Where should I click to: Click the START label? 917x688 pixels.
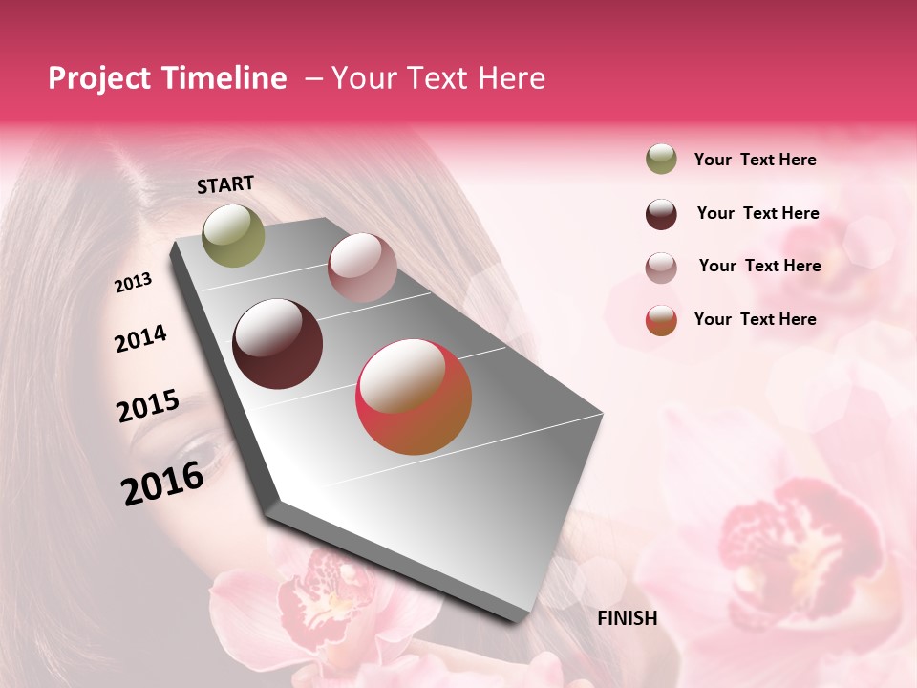(225, 184)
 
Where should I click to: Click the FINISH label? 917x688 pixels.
(628, 618)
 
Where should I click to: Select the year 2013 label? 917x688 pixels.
(133, 282)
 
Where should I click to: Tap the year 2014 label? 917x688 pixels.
(140, 338)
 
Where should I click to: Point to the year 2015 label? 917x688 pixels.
(148, 406)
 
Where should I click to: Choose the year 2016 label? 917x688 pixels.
(162, 483)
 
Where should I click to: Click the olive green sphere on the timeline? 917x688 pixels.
(234, 235)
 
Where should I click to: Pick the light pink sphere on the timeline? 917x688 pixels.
(362, 268)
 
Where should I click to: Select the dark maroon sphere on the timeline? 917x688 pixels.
(278, 344)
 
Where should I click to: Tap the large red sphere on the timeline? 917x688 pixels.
(414, 397)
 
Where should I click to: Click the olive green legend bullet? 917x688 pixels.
(661, 160)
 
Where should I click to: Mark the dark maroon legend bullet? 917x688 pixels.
(661, 214)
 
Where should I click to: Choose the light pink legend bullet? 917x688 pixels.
(661, 267)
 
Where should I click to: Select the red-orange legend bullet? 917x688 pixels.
(661, 320)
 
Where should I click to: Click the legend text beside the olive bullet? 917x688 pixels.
(755, 160)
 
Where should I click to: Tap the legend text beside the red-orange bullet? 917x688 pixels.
(755, 319)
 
